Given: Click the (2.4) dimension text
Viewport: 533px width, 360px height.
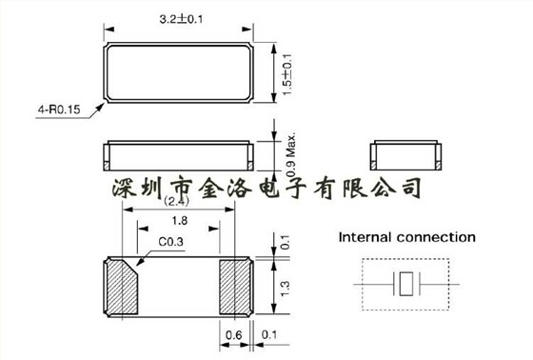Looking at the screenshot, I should [177, 202].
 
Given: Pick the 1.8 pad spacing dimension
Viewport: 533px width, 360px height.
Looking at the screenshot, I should [178, 221].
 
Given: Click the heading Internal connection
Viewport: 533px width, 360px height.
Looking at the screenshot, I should [407, 237].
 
